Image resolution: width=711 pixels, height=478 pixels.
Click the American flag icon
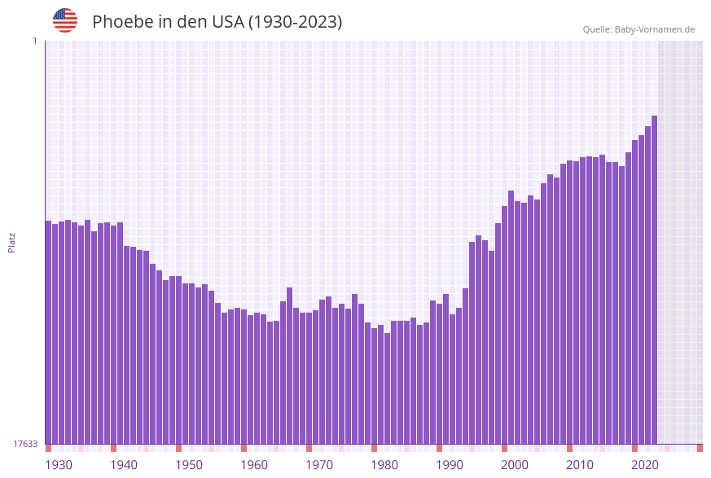point(65,20)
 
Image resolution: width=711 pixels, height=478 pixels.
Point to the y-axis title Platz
point(12,242)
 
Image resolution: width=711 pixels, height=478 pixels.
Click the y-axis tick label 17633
point(25,444)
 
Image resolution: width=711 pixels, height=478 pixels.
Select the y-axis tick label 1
point(35,41)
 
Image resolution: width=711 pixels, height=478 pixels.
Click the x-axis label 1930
point(59,465)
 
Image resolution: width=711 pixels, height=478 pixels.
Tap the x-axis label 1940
point(124,465)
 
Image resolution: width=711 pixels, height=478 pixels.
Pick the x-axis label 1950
point(189,465)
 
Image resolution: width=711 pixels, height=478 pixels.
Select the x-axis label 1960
point(254,465)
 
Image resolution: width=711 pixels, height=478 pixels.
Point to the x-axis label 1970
point(319,465)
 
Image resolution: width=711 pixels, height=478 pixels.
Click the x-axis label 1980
point(384,465)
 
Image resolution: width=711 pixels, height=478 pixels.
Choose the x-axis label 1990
point(450,465)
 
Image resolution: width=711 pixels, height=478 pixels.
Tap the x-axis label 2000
point(515,465)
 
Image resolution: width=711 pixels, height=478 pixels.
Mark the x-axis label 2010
point(580,465)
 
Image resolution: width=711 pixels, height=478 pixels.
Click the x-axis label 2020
point(645,465)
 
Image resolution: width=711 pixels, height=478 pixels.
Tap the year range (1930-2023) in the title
point(295,22)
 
